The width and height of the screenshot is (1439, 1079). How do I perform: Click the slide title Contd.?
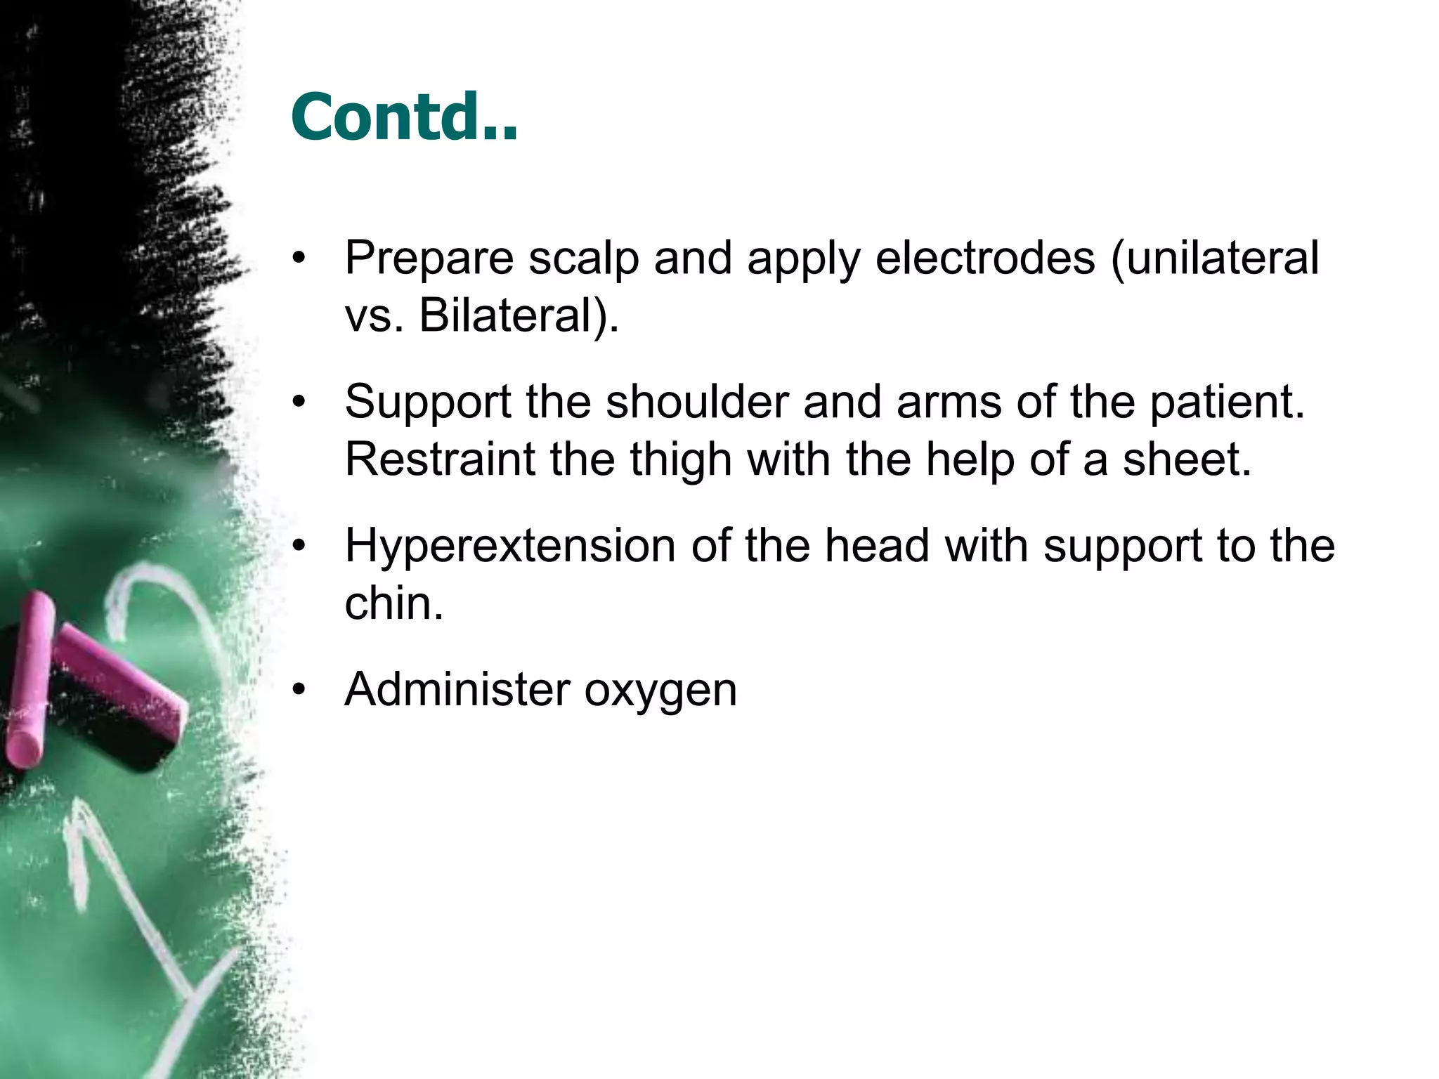click(404, 117)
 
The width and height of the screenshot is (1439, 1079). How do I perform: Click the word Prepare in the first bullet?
click(429, 259)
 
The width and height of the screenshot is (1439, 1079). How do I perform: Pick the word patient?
click(1227, 403)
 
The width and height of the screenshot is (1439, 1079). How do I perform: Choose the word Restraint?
click(439, 459)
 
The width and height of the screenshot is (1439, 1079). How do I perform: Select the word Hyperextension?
click(509, 547)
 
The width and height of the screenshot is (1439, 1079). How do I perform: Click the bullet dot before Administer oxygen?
click(300, 690)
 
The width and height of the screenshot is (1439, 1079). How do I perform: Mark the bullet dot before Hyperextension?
click(300, 546)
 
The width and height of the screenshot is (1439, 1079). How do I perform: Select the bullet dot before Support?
click(300, 402)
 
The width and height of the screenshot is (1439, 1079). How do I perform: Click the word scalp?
click(583, 259)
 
